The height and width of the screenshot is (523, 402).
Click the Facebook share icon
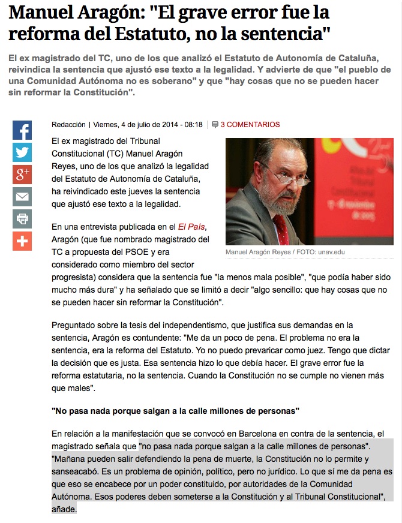pyautogui.click(x=22, y=130)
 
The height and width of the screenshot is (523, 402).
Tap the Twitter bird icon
pyautogui.click(x=22, y=152)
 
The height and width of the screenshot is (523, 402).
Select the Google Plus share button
pyautogui.click(x=22, y=175)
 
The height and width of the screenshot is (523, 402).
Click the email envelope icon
pyautogui.click(x=22, y=197)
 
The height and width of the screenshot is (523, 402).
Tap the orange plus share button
pyautogui.click(x=22, y=241)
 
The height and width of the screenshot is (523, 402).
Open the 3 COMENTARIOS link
pyautogui.click(x=250, y=125)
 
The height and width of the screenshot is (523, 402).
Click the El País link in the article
pyautogui.click(x=191, y=227)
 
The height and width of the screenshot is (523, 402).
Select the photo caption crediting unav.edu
pyautogui.click(x=285, y=253)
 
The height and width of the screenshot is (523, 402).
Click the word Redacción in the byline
pyautogui.click(x=68, y=125)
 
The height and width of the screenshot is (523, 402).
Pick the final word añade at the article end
pyautogui.click(x=64, y=509)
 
